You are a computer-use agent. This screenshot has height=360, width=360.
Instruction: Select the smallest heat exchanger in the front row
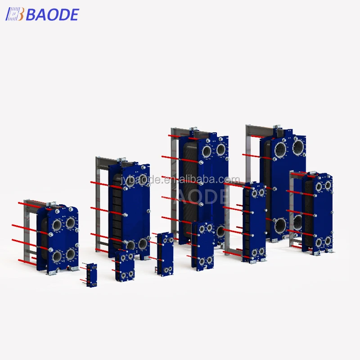tap(91, 275)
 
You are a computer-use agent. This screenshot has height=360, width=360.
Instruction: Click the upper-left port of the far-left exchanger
tap(57, 224)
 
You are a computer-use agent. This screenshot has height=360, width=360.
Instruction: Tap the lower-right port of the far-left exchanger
tap(71, 255)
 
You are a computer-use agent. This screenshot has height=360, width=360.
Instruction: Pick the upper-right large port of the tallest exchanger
tap(298, 146)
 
